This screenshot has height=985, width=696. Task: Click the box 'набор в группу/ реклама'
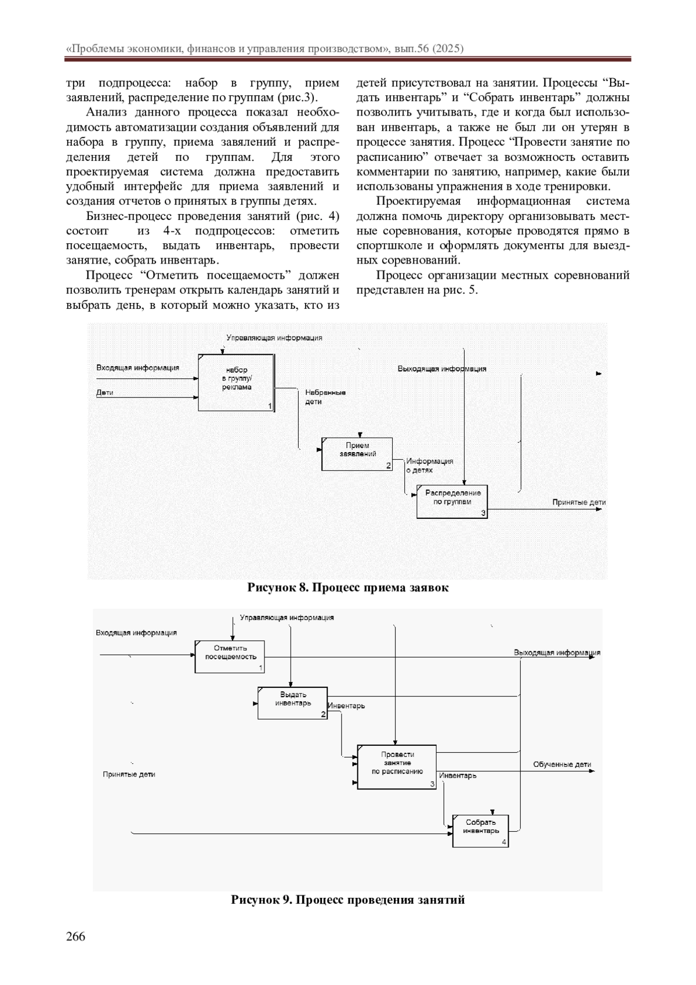(235, 382)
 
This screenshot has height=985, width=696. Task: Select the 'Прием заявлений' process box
(357, 453)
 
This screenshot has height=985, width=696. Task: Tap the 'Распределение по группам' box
(452, 501)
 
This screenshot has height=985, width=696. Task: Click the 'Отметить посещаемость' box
(230, 656)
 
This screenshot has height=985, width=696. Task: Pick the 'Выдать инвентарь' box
(292, 702)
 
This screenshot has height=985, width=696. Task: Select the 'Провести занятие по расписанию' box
(397, 766)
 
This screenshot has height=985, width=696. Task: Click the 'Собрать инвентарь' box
(480, 830)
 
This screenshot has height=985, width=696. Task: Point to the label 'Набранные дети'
(325, 397)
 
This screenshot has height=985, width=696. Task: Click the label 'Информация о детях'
(429, 466)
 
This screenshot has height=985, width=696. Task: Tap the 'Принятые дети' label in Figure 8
(578, 503)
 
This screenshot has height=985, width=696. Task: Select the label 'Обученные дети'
(562, 764)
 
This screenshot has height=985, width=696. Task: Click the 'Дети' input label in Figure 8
(104, 392)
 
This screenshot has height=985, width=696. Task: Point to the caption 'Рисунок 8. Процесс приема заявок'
(348, 587)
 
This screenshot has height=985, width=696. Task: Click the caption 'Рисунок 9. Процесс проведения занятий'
(348, 900)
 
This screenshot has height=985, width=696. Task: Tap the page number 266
(75, 936)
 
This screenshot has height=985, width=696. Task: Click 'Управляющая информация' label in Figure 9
(287, 618)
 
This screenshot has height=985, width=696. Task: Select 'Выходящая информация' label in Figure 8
(441, 369)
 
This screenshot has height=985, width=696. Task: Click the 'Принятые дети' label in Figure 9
(129, 774)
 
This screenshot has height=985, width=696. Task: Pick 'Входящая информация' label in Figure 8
(137, 367)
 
